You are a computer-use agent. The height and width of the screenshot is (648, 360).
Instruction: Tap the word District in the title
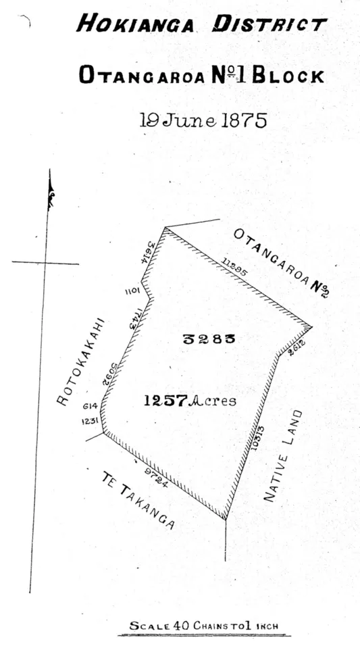(x=269, y=26)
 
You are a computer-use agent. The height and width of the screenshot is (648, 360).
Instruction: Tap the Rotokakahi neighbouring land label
(x=81, y=362)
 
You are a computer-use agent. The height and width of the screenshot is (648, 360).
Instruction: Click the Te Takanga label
(x=138, y=501)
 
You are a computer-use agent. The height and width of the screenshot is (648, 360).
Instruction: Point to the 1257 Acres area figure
(x=189, y=401)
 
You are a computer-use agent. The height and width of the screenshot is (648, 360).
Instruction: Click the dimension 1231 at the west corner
(x=91, y=420)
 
